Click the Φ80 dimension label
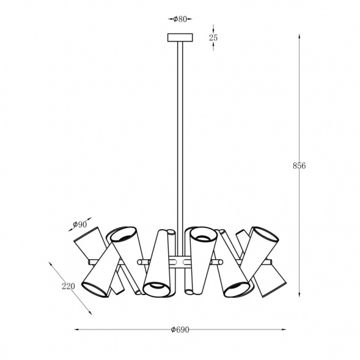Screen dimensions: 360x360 click(180, 20)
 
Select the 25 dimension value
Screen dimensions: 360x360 click(213, 38)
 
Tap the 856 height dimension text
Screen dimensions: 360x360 click(299, 166)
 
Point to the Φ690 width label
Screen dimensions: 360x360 click(180, 329)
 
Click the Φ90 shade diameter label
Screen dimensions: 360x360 click(80, 224)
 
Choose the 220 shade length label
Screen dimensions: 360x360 click(68, 286)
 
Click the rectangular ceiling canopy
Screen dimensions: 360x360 click(180, 38)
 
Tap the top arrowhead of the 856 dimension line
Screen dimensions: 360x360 click(299, 37)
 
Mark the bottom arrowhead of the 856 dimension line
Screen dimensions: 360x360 click(299, 295)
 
